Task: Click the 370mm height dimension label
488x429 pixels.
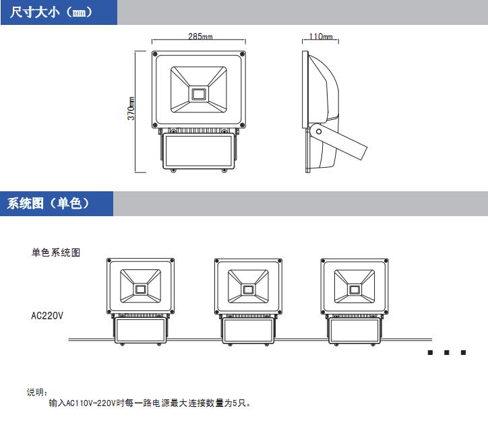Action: (132, 109)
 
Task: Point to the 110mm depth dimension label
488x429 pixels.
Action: (321, 36)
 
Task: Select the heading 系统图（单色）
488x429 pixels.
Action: (49, 203)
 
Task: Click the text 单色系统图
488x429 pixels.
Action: (56, 253)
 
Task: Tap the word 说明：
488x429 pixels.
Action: (37, 392)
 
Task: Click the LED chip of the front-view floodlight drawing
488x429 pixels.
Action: (198, 93)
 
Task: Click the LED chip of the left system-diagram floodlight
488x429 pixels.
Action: (141, 289)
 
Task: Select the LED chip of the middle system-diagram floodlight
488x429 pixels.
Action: (247, 289)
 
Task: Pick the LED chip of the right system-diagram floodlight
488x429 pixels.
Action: (353, 289)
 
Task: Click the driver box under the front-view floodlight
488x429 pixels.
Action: (198, 150)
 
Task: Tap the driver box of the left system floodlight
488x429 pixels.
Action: (141, 331)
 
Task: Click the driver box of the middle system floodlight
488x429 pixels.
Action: (247, 331)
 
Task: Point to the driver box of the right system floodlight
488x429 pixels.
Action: (353, 331)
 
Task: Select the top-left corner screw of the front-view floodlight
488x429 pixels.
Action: (156, 53)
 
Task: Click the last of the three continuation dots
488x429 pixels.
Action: (464, 353)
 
